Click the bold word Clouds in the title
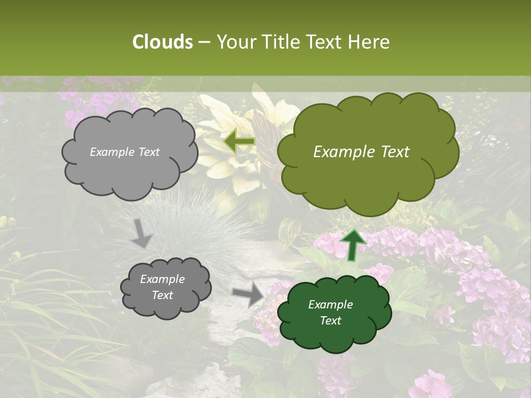point(162,42)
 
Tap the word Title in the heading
point(278,42)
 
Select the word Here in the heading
point(370,42)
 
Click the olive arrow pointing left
point(239,142)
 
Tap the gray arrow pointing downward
point(142,233)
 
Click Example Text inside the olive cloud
point(361,152)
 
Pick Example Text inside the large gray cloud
point(124,152)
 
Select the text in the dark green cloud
point(330,312)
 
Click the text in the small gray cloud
point(162,287)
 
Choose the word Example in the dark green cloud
point(330,305)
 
